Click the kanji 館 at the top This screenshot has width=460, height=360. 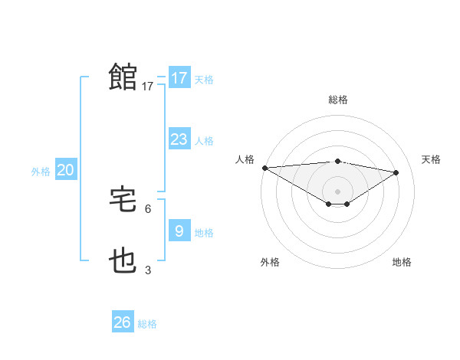click(x=123, y=77)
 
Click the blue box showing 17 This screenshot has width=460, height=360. click(x=179, y=78)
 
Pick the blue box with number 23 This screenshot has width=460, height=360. click(x=179, y=139)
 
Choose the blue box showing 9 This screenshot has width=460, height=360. click(x=179, y=230)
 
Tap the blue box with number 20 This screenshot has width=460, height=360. click(x=66, y=170)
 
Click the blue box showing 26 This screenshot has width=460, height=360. click(x=122, y=322)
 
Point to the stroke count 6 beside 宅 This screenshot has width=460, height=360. click(x=148, y=208)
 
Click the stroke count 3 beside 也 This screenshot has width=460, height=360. click(x=148, y=270)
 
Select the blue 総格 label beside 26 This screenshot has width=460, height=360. click(x=147, y=324)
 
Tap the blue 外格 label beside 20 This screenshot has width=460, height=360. click(x=41, y=172)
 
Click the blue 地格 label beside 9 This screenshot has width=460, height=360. click(x=204, y=232)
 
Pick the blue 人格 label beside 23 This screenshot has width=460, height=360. click(x=204, y=141)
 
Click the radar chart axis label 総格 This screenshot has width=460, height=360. click(x=337, y=100)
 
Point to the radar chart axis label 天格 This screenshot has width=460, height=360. click(x=431, y=159)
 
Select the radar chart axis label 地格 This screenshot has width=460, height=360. click(x=402, y=262)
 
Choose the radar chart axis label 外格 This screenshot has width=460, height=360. click(x=270, y=262)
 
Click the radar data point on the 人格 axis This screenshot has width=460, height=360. click(x=264, y=168)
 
